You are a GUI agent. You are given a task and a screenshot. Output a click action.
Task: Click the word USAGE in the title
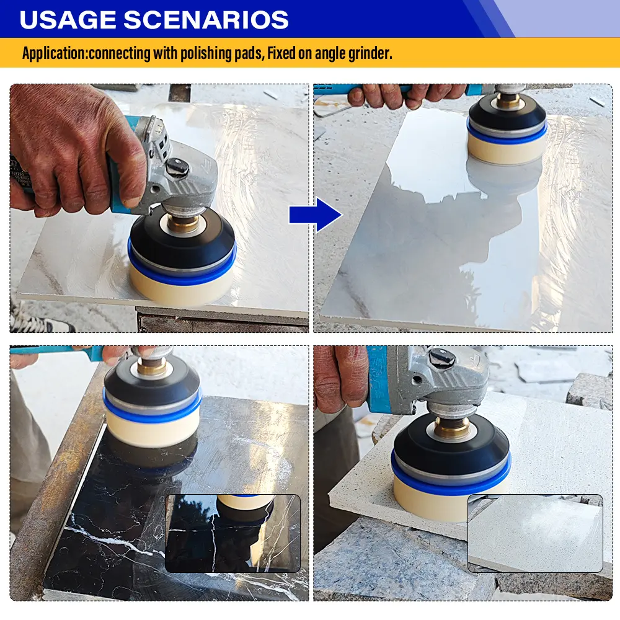[68, 19]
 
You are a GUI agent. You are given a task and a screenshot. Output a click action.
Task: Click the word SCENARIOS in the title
[206, 19]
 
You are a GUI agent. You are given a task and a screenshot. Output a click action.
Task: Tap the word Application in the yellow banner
[53, 53]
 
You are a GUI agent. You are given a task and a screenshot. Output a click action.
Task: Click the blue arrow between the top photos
[315, 215]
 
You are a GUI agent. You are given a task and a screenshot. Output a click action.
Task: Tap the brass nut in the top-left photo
[183, 223]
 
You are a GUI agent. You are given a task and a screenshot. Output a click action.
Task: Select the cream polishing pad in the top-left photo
[182, 286]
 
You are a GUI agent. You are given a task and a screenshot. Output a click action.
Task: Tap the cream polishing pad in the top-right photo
[507, 149]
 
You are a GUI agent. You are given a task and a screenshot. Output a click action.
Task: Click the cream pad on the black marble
[152, 428]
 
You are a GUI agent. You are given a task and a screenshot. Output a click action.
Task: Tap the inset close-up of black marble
[232, 533]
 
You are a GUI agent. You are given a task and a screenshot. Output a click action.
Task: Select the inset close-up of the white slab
[536, 533]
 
